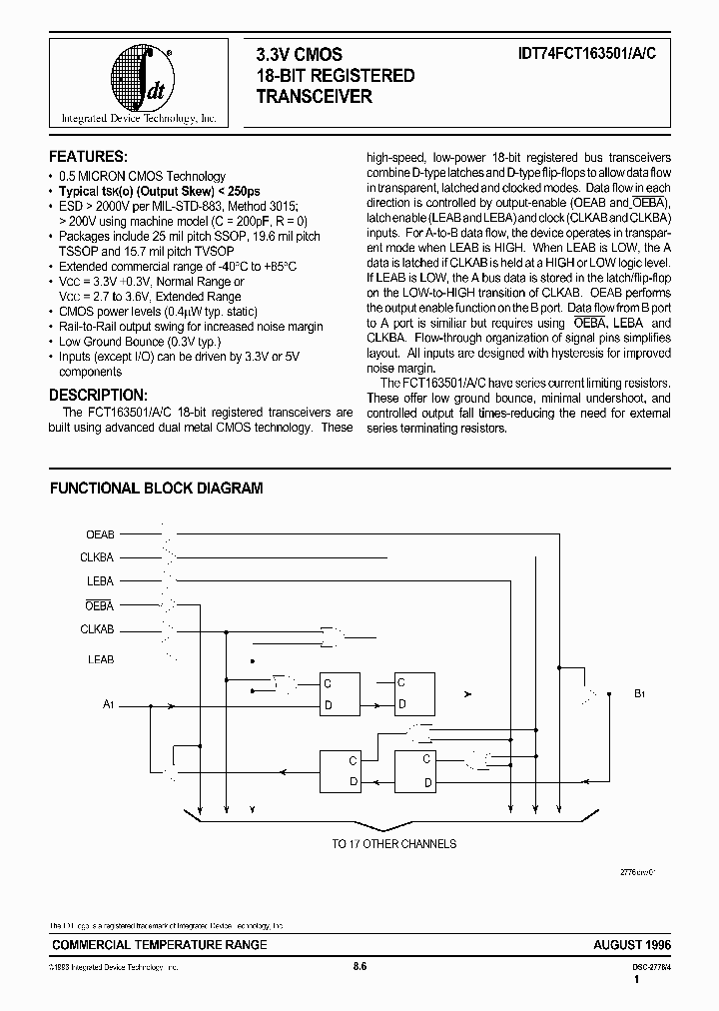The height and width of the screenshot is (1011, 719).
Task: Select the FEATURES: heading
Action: pos(88,158)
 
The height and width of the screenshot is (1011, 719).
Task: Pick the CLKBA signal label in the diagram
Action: pos(98,556)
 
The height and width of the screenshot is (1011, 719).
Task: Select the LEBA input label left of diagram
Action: pos(101,580)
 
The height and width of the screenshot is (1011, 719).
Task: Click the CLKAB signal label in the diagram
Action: pos(98,629)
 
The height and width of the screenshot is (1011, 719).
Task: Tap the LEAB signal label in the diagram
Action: pos(101,659)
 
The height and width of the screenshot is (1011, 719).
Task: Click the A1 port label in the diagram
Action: pos(110,705)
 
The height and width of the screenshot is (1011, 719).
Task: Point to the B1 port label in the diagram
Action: pos(640,691)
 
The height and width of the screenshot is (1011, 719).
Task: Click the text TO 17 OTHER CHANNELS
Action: pos(393,844)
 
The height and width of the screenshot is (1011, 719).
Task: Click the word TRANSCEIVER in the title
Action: pos(315,97)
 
